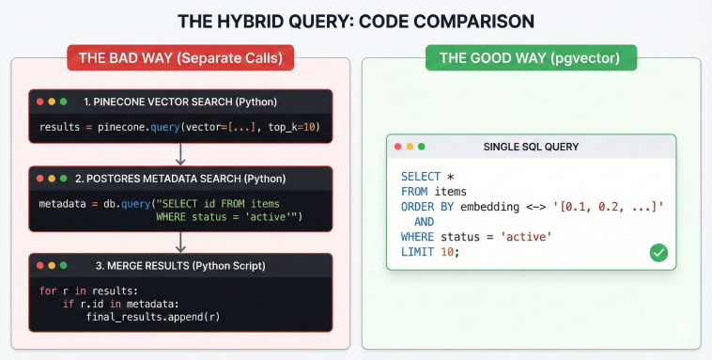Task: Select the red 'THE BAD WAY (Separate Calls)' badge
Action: [180, 58]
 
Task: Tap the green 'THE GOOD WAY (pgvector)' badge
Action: [531, 58]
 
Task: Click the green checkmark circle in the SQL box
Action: [658, 253]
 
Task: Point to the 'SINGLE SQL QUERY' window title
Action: [531, 147]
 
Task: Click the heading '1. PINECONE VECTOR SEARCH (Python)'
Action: [180, 102]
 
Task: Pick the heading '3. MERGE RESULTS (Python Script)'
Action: [178, 266]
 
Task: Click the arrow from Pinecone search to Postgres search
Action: [180, 154]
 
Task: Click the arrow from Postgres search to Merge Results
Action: [180, 242]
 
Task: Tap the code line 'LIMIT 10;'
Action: [429, 253]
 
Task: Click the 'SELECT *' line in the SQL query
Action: [427, 177]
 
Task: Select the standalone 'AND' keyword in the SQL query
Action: [425, 222]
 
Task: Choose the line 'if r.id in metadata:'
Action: [122, 304]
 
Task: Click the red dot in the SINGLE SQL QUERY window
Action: [398, 147]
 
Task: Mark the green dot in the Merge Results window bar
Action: [63, 266]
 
